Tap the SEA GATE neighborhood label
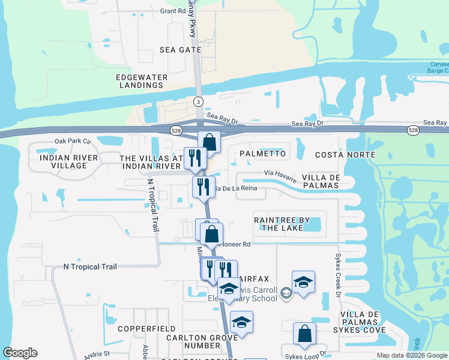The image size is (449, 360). [x=181, y=50]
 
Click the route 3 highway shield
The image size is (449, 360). [x=198, y=102]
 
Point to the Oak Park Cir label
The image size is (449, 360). [x=73, y=142]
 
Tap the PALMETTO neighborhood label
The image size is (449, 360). [x=262, y=154]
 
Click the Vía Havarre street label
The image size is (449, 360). [x=280, y=175]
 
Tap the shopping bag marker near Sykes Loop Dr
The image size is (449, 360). [x=304, y=334]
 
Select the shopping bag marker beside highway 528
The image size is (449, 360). [x=209, y=143]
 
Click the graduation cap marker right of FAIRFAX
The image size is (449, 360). [x=303, y=283]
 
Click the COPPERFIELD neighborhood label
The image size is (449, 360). [x=146, y=329]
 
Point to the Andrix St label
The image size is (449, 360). [x=97, y=355]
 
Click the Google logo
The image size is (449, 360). [x=20, y=353]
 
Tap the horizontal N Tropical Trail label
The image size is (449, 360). [x=90, y=267]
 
